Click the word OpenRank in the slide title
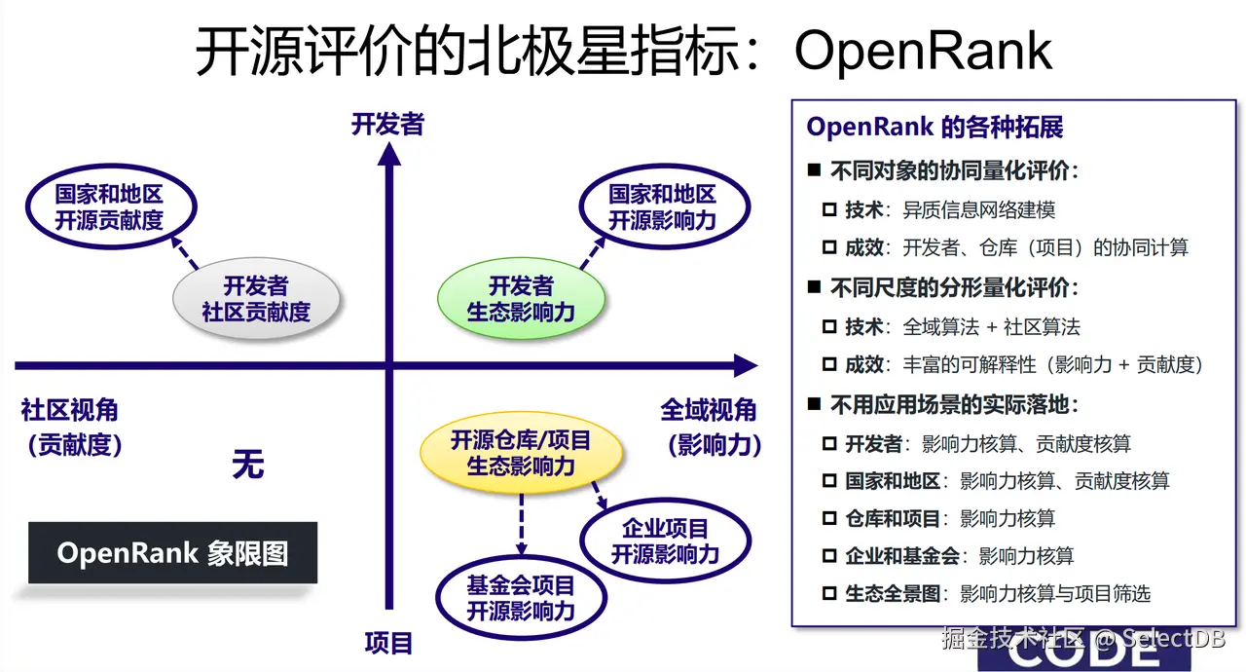923,51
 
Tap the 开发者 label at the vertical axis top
387,125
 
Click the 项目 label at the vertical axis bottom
389,643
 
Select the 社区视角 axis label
69,410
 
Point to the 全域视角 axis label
709,410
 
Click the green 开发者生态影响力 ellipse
521,298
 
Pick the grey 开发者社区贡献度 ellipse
256,298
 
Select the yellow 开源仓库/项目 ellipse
521,453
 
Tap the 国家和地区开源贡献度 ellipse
109,206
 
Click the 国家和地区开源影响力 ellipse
663,206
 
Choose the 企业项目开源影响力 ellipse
665,541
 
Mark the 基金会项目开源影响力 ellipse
521,597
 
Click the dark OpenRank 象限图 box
172,553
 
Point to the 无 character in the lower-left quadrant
247,464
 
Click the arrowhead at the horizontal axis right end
745,366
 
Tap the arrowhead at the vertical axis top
389,154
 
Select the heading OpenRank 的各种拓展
934,127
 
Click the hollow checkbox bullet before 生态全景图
829,593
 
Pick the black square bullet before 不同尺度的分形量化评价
814,288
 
